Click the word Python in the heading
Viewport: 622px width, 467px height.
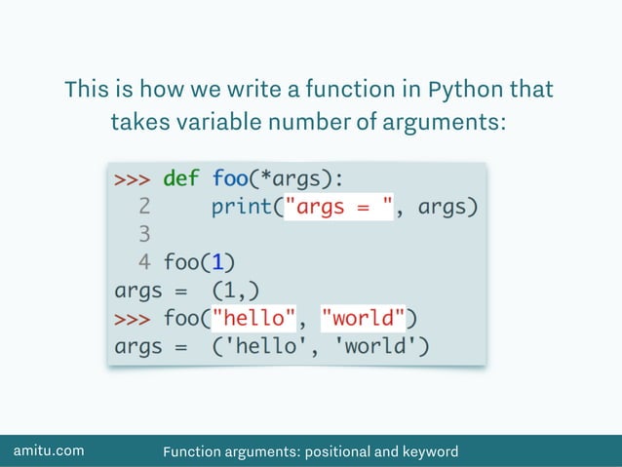click(x=466, y=91)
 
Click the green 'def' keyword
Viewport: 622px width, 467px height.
click(x=180, y=179)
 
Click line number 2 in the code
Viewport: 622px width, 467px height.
click(x=144, y=207)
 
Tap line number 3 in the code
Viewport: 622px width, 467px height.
click(x=144, y=235)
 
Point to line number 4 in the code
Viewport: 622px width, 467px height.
click(x=144, y=262)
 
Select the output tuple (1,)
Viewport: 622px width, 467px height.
click(x=235, y=291)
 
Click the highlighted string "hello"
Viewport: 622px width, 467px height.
click(x=253, y=318)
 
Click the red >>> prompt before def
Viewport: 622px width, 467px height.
click(x=132, y=179)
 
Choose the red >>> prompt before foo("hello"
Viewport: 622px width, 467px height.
click(x=132, y=318)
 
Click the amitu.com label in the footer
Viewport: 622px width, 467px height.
click(x=48, y=450)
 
